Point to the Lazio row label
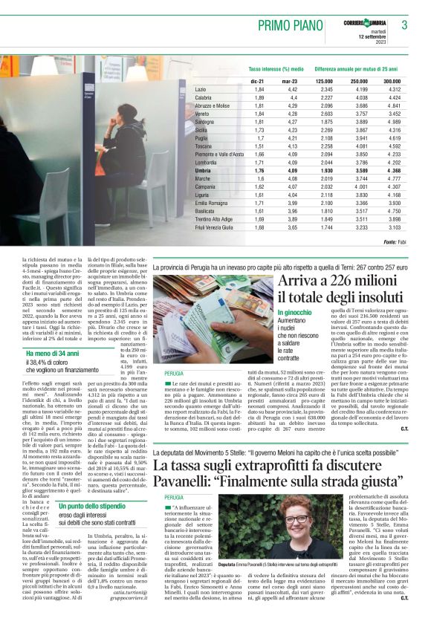point(201,89)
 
